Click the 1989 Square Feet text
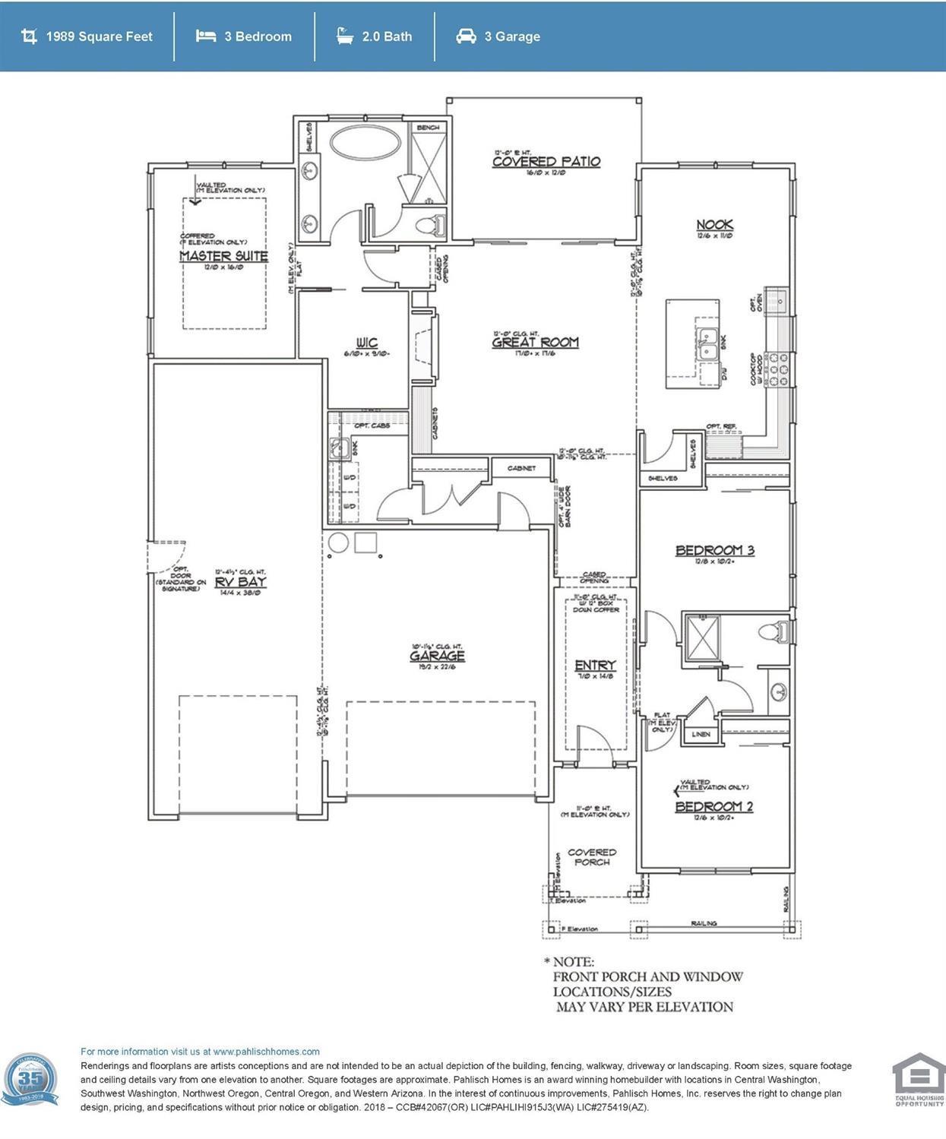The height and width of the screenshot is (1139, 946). pyautogui.click(x=99, y=36)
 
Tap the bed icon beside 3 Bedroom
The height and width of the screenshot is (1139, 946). pyautogui.click(x=205, y=36)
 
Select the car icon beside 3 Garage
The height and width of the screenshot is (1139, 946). pyautogui.click(x=466, y=36)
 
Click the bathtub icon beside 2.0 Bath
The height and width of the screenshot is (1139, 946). pyautogui.click(x=345, y=36)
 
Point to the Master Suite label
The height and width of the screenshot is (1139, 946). pyautogui.click(x=223, y=256)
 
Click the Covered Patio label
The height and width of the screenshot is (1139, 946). pyautogui.click(x=546, y=161)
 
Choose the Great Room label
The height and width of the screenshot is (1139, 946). pyautogui.click(x=535, y=342)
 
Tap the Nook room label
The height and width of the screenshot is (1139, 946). pyautogui.click(x=714, y=224)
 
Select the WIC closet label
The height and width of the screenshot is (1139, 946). pyautogui.click(x=366, y=343)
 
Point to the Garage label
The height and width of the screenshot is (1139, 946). pyautogui.click(x=437, y=656)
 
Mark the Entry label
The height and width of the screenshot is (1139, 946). pyautogui.click(x=594, y=665)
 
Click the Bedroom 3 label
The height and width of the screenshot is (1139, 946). pyautogui.click(x=714, y=550)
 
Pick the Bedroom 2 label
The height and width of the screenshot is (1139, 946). pyautogui.click(x=713, y=806)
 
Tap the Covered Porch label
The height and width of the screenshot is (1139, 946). pyautogui.click(x=592, y=857)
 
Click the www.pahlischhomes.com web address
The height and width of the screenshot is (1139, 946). pyautogui.click(x=266, y=1052)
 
